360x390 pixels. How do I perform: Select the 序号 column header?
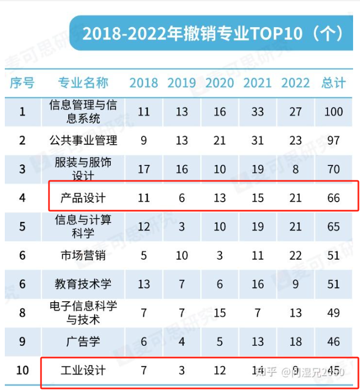point(22,83)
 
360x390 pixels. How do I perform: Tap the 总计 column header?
point(334,83)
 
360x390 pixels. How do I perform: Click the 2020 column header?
point(219,83)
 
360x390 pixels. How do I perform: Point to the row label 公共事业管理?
point(83,140)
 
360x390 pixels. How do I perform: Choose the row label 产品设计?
point(83,198)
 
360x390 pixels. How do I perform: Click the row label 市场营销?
point(83,255)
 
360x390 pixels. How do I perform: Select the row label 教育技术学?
point(83,284)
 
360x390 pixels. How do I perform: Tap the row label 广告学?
point(83,341)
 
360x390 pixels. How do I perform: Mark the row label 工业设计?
point(83,370)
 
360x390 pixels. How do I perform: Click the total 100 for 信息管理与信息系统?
point(333,112)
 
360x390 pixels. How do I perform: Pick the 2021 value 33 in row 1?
point(258,112)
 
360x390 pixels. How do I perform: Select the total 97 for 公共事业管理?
point(333,140)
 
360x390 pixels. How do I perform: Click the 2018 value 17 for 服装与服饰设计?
point(144,169)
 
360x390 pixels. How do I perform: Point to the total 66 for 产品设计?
point(333,198)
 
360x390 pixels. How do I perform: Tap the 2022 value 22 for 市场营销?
point(296,255)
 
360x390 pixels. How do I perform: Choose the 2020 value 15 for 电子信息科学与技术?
point(219,312)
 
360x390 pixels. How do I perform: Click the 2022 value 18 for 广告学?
point(296,341)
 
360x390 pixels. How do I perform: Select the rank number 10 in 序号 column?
point(22,370)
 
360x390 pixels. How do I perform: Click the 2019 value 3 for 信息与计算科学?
point(182,227)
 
